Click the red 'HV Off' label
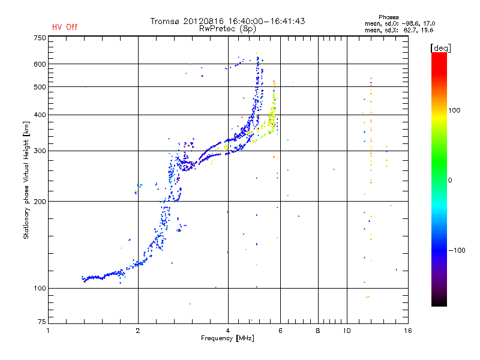coord(64,27)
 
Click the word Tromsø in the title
coord(167,21)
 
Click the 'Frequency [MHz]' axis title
coord(228,339)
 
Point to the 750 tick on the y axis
coord(40,38)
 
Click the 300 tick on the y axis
coord(40,151)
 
